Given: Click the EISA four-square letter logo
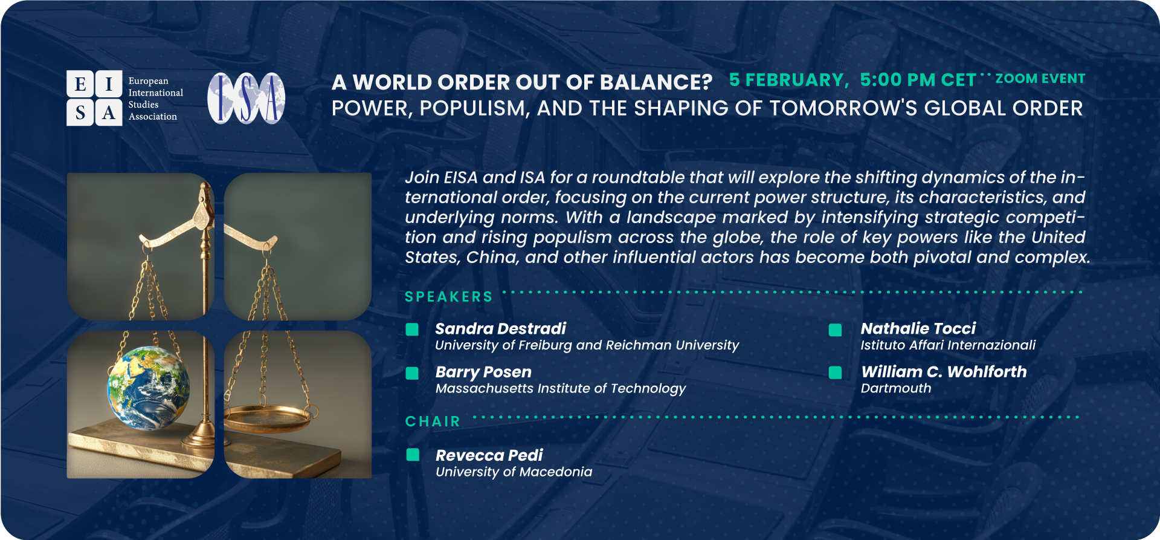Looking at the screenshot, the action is [94, 98].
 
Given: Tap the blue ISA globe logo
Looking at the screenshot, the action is [246, 98].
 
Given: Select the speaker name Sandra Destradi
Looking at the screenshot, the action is [500, 328].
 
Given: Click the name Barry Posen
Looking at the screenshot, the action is [483, 372].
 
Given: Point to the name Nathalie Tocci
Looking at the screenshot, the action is [918, 328].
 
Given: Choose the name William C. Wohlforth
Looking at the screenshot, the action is [944, 372].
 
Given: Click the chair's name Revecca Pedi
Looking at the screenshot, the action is [489, 455].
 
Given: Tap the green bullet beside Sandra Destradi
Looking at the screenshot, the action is [413, 329].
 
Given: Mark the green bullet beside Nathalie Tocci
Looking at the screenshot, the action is [836, 330].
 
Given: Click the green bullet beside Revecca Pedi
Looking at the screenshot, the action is [413, 455].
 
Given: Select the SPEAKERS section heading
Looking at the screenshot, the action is [448, 297].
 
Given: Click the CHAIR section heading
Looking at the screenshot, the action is [433, 421].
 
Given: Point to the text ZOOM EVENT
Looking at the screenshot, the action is [1040, 79].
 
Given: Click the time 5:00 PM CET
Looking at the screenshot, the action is [918, 80].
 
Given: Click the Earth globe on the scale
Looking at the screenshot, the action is [149, 387].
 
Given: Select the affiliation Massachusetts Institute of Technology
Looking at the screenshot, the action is [561, 389].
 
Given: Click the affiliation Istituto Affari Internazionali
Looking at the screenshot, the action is [948, 345].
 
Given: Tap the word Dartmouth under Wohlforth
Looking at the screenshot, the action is [896, 388].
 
